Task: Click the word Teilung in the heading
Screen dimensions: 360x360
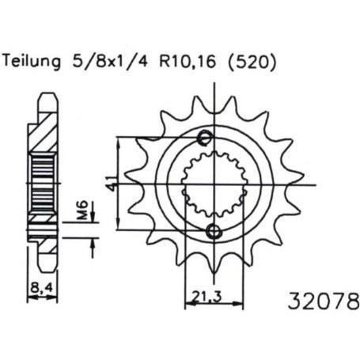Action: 32,62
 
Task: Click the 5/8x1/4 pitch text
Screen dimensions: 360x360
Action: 109,62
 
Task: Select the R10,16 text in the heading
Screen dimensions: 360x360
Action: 188,62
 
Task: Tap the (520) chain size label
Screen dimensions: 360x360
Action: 252,63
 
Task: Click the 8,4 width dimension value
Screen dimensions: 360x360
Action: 41,287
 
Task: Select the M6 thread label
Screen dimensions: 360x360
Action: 83,210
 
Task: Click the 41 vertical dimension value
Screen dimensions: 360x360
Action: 112,184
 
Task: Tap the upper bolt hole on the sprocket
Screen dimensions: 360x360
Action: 206,138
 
